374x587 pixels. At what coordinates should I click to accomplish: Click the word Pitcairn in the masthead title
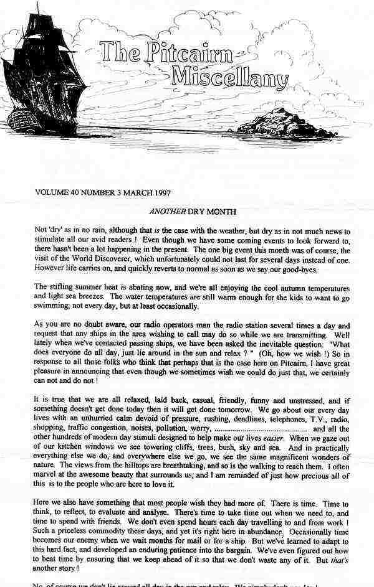click(178, 54)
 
